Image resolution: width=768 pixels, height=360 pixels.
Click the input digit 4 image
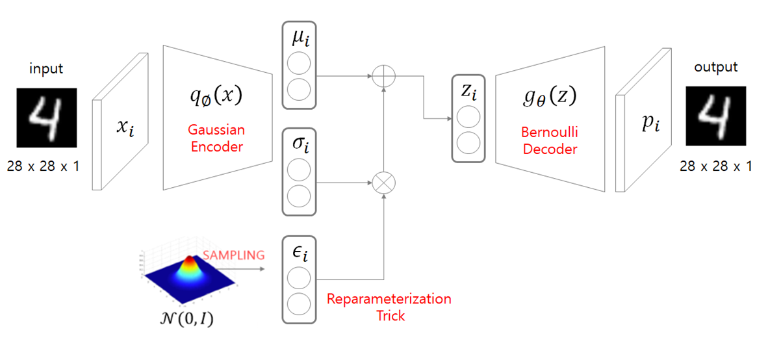(47, 118)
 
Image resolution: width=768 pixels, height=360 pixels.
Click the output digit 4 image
(716, 118)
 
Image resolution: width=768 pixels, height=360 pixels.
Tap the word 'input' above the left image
(47, 68)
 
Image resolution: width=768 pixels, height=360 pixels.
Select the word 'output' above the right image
(716, 68)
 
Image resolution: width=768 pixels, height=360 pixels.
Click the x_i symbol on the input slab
(125, 128)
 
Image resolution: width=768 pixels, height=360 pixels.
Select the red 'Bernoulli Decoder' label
(549, 141)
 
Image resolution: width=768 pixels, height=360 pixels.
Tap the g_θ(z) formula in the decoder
(550, 98)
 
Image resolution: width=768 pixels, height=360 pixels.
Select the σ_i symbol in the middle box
(298, 144)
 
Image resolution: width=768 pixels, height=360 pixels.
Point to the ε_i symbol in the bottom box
(298, 253)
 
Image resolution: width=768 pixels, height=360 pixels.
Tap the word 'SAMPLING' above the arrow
(234, 255)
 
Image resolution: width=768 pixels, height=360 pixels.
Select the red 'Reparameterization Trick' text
(389, 307)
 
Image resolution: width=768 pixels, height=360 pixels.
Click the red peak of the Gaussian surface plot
(190, 261)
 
